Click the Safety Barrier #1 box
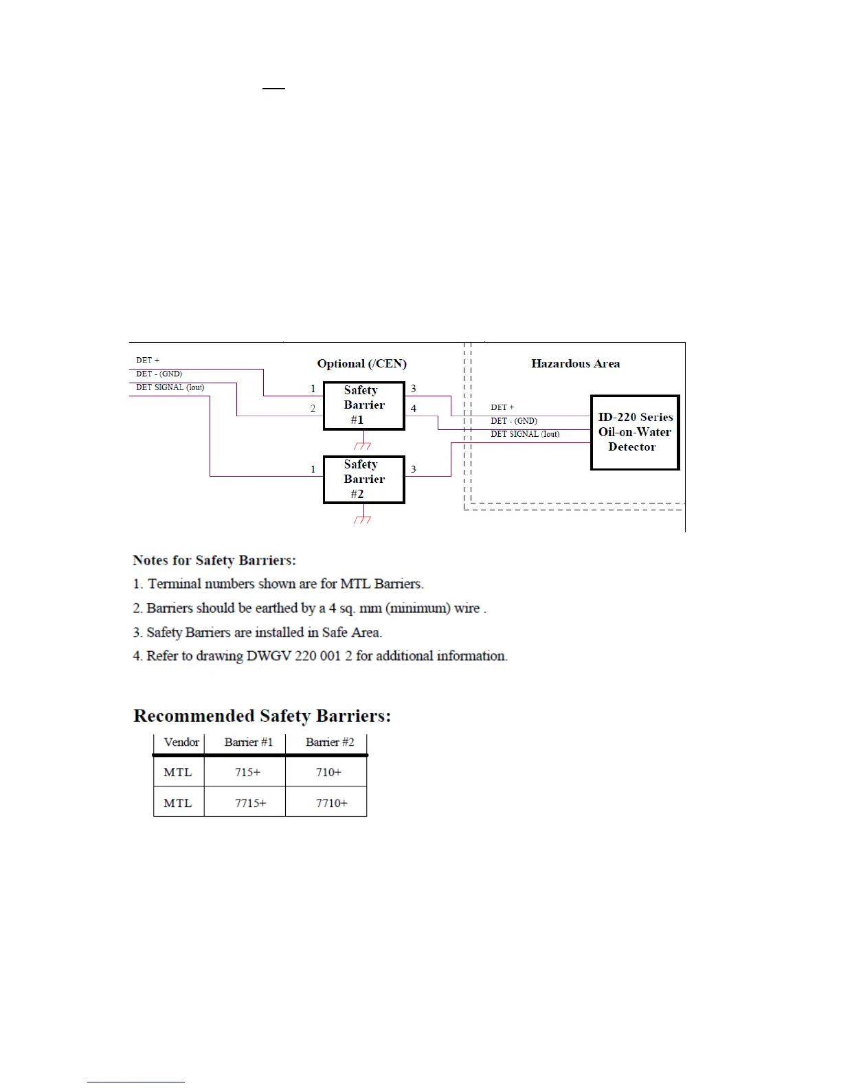(x=363, y=405)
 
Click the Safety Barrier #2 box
(x=363, y=479)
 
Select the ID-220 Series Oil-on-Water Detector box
(x=635, y=432)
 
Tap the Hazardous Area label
(x=575, y=363)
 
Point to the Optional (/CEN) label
(x=361, y=363)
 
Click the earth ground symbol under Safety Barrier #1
(x=363, y=445)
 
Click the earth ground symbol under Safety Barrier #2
(x=363, y=519)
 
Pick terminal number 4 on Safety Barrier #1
(x=414, y=409)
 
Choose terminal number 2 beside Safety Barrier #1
(x=313, y=409)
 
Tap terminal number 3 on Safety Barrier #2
(x=414, y=469)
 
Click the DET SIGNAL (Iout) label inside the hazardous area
(x=525, y=434)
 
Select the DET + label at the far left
(x=148, y=360)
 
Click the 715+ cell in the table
(x=247, y=772)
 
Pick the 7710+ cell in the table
(x=331, y=803)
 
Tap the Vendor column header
(x=181, y=743)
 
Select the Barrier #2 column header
(x=330, y=743)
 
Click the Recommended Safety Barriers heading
(x=262, y=716)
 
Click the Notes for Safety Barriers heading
(x=214, y=560)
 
